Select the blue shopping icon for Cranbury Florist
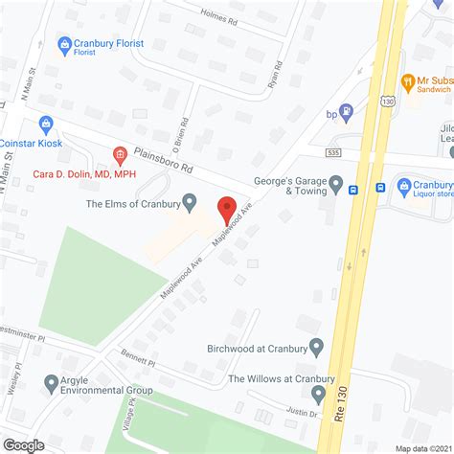(x=65, y=44)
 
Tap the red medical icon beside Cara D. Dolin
(x=120, y=153)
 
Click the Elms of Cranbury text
(x=133, y=202)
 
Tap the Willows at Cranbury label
(x=269, y=379)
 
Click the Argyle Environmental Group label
(x=107, y=384)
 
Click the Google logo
(x=25, y=443)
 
